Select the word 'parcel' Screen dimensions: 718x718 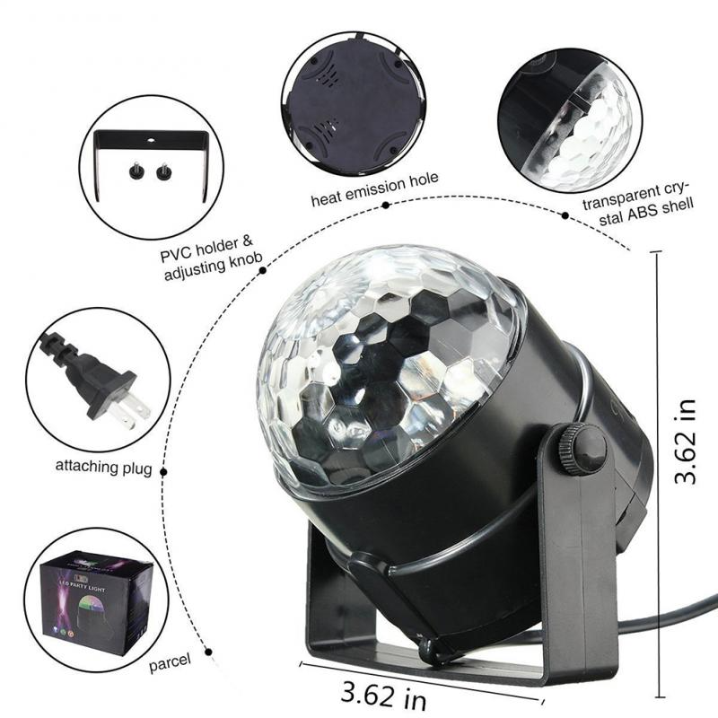[171, 661]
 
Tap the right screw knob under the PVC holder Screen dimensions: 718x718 [163, 170]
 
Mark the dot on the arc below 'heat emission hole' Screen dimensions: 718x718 [386, 205]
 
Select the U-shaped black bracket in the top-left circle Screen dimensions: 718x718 [151, 142]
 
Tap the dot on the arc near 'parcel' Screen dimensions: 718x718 [207, 646]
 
